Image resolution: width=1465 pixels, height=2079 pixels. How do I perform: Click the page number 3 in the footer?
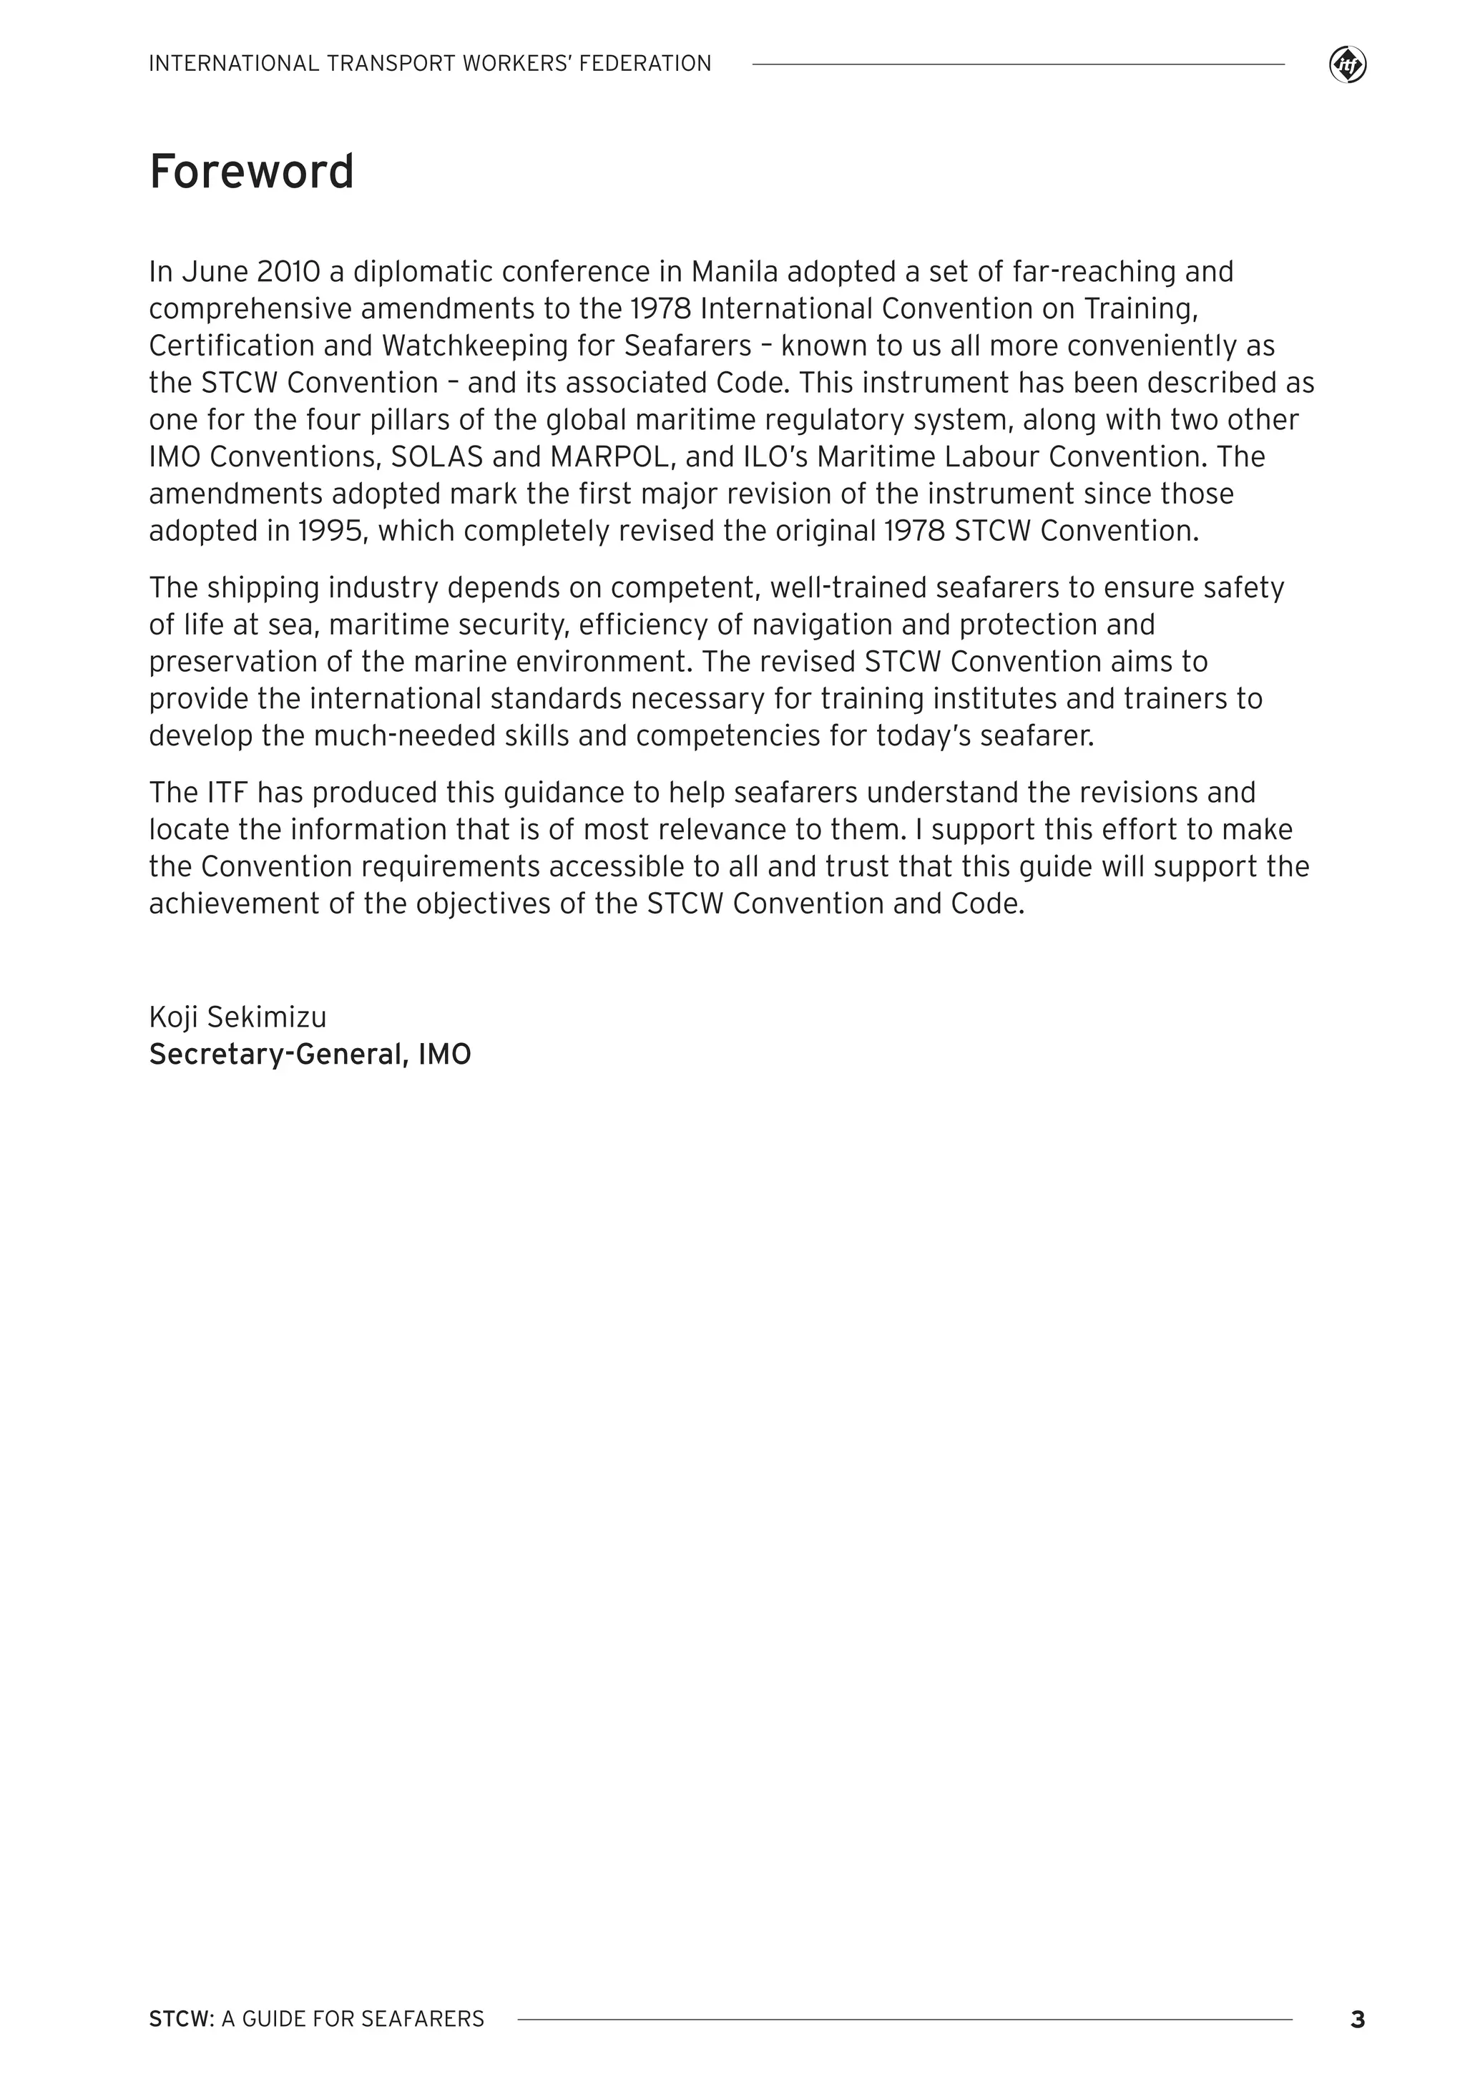[1356, 2019]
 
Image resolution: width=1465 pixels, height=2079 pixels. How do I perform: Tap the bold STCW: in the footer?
[181, 2019]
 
